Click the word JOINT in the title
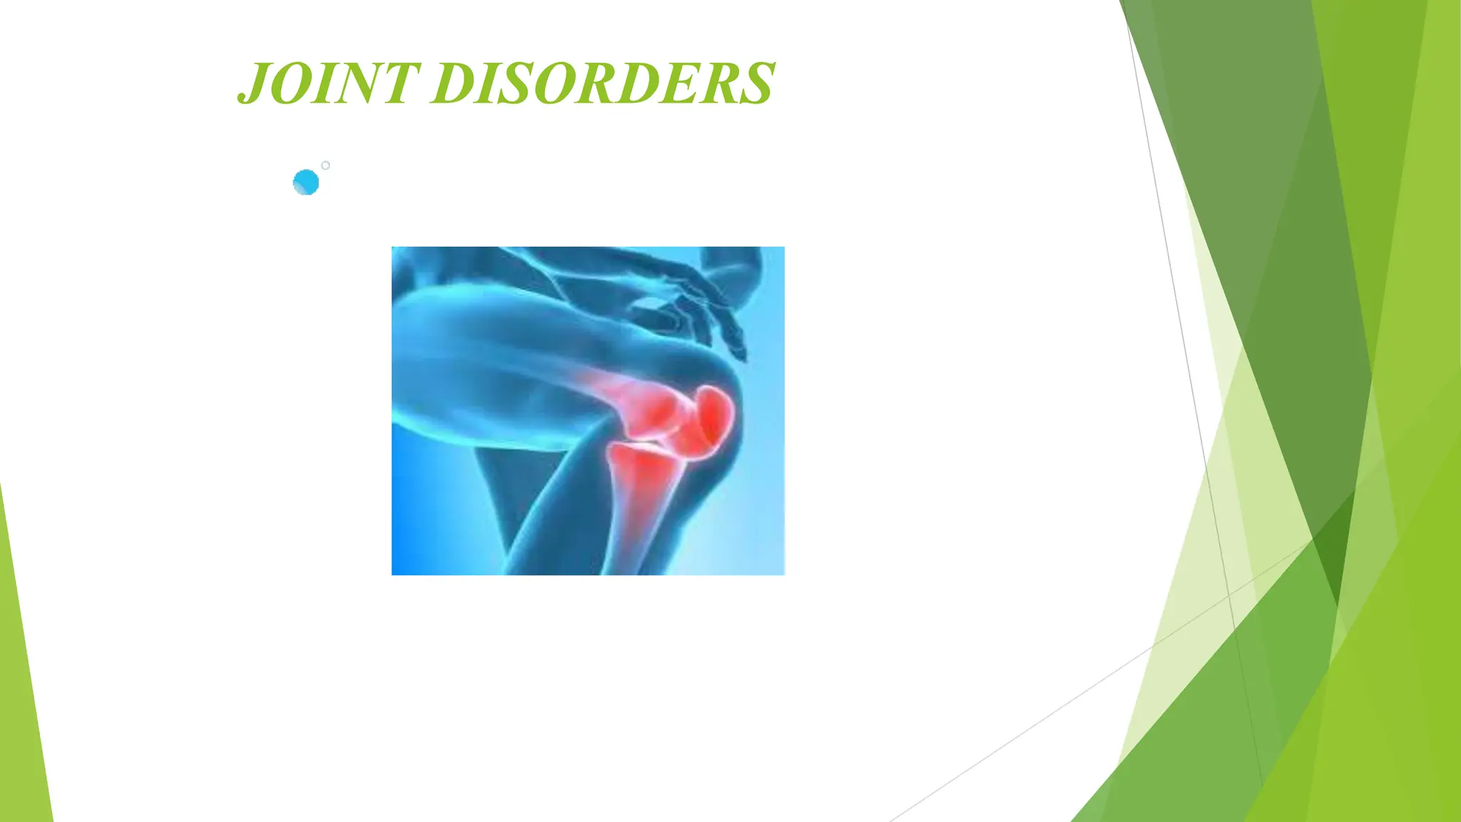(328, 84)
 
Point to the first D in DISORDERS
(454, 84)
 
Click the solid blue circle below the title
(306, 183)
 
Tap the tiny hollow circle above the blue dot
(325, 166)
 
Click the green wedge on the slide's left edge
(21, 678)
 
